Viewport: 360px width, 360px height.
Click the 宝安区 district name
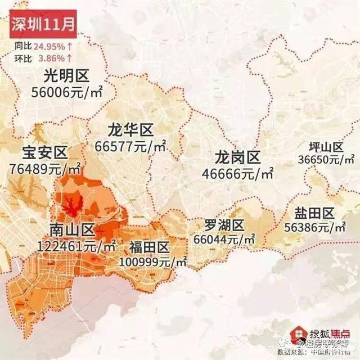[44, 152]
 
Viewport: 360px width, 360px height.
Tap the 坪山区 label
[322, 147]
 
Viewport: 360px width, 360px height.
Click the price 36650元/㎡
[325, 160]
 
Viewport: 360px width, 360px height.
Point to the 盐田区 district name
[314, 213]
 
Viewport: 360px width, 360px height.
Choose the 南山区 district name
[71, 230]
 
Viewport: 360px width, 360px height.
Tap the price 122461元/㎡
[76, 246]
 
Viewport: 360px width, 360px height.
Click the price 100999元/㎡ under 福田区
[153, 262]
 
